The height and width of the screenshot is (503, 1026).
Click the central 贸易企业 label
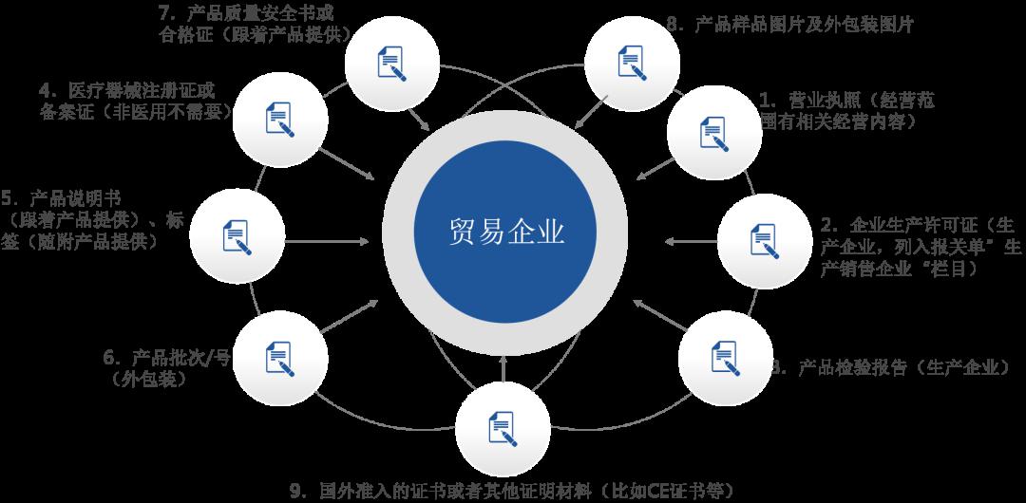[505, 232]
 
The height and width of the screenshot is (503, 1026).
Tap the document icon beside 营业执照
[713, 134]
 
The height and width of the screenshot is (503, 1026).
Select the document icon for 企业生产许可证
[764, 241]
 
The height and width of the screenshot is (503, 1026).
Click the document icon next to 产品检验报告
[725, 358]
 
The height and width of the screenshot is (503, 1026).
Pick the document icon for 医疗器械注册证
[279, 120]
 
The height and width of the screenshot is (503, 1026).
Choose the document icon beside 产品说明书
[237, 236]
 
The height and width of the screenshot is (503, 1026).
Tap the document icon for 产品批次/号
[279, 359]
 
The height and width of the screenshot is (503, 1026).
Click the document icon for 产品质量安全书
[392, 64]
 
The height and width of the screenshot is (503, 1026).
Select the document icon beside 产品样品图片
[632, 63]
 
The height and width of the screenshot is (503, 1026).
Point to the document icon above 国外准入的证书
[503, 429]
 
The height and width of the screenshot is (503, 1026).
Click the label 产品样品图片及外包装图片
[804, 25]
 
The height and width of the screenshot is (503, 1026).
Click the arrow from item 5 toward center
[327, 241]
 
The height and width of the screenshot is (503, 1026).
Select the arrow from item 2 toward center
[691, 241]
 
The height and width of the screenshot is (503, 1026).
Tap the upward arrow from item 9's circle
[503, 368]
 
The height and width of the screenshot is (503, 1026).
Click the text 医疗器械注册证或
[142, 90]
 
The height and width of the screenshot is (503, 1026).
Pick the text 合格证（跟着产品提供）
[256, 34]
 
